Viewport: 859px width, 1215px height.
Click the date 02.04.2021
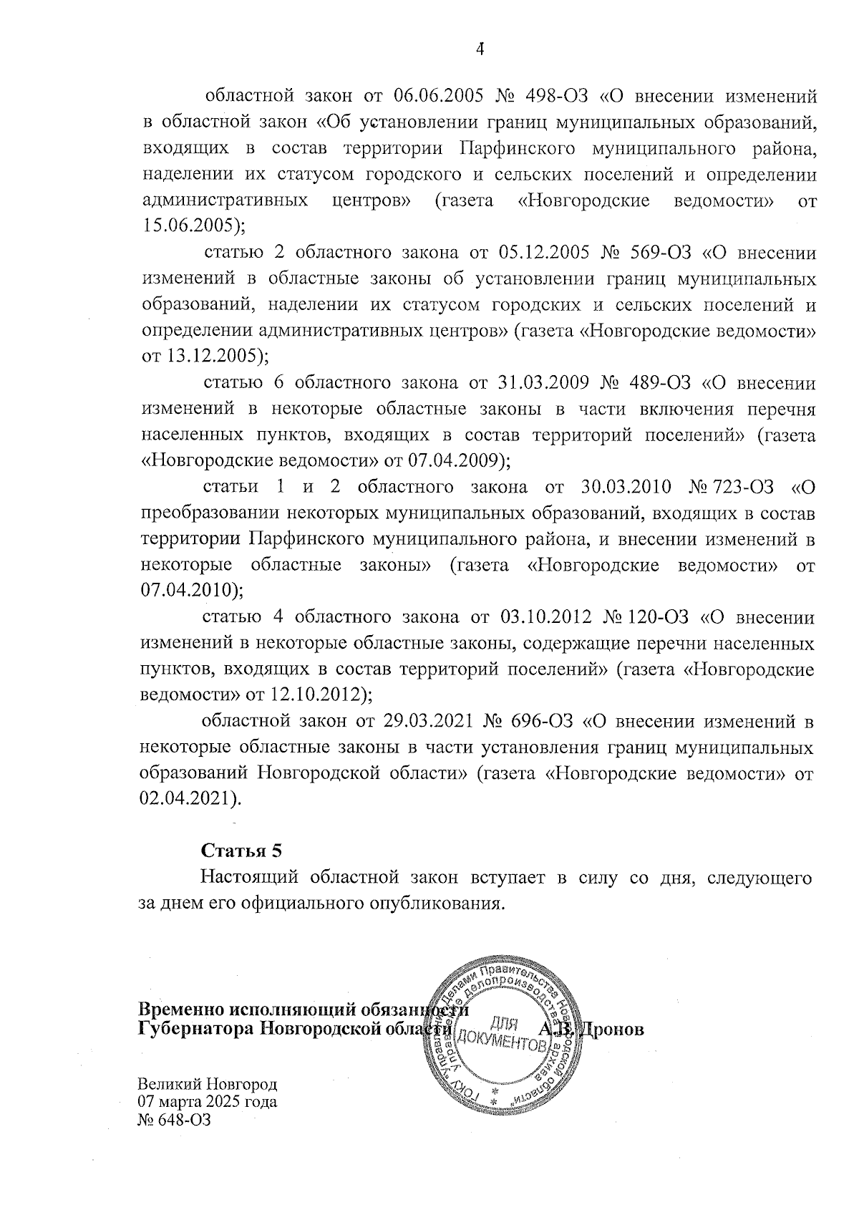(x=188, y=798)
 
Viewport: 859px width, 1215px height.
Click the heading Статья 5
(x=242, y=851)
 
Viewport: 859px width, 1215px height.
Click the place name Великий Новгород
(x=207, y=1083)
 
